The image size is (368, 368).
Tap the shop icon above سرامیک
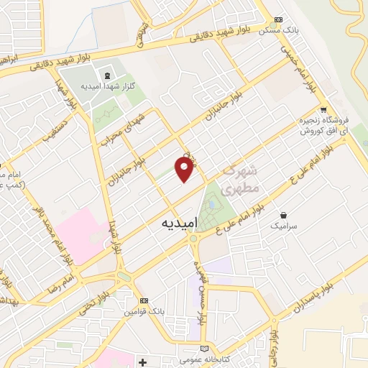(284, 214)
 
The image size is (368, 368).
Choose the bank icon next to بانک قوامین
(143, 300)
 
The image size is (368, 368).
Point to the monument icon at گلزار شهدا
(107, 75)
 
